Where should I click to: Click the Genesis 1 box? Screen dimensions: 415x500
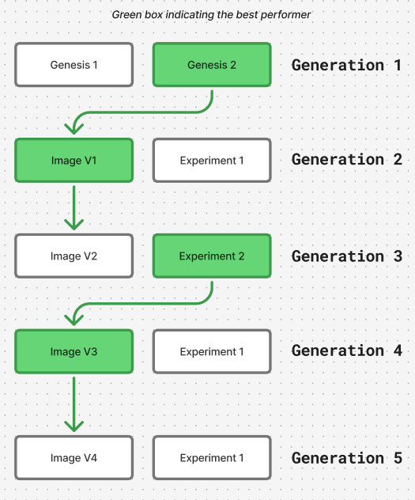click(x=74, y=65)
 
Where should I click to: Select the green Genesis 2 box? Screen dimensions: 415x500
click(x=212, y=65)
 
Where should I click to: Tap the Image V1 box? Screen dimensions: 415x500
click(x=74, y=161)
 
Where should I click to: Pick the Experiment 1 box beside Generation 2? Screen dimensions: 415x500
click(x=212, y=161)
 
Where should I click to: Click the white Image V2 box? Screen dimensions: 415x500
click(x=74, y=256)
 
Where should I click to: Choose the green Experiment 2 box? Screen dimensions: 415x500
click(x=212, y=256)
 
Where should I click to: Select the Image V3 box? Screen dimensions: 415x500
click(x=74, y=352)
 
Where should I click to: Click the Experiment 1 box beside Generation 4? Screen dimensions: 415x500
click(x=212, y=352)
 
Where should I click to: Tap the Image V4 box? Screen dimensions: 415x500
click(x=74, y=458)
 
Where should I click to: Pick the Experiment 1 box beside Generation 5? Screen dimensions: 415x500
click(x=212, y=458)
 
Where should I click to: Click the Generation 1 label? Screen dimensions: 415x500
click(x=346, y=65)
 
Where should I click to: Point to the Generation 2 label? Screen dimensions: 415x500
click(x=347, y=159)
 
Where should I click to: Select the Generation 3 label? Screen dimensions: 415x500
click(x=347, y=256)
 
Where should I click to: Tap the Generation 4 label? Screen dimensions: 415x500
click(x=347, y=350)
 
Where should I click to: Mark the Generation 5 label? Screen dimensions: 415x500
click(x=347, y=458)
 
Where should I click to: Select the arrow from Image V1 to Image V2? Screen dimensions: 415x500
click(x=74, y=207)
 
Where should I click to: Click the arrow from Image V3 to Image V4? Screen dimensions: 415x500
click(x=74, y=404)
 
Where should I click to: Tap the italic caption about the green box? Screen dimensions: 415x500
click(x=211, y=15)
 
